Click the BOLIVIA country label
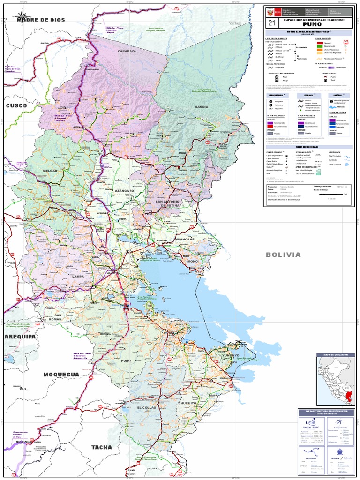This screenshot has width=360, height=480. [x=283, y=255]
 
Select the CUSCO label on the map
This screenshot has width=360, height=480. [x=16, y=106]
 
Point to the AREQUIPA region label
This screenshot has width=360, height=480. [x=20, y=337]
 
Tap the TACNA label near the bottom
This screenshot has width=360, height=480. [x=102, y=447]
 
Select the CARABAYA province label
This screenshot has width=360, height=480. [x=127, y=51]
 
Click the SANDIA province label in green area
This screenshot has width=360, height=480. [x=202, y=107]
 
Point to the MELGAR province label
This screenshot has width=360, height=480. [x=50, y=171]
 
